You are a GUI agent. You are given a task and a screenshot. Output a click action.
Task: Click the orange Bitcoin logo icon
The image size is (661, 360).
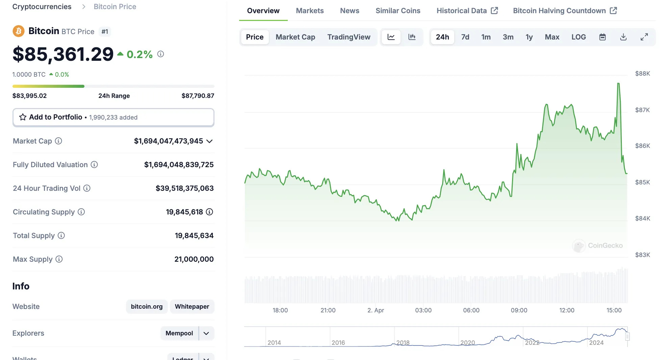(19, 31)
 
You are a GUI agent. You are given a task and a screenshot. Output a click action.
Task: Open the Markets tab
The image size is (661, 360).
(309, 11)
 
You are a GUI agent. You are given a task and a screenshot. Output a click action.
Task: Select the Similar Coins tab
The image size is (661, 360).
(398, 11)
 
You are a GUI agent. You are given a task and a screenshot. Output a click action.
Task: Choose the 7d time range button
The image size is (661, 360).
(465, 37)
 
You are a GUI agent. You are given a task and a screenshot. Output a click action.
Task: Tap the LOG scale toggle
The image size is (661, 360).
(578, 37)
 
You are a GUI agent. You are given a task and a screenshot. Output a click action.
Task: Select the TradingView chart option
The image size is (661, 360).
(349, 37)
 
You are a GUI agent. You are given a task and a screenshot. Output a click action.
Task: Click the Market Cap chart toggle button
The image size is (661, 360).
(295, 37)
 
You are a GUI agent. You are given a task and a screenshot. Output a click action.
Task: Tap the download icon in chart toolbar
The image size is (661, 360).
(623, 37)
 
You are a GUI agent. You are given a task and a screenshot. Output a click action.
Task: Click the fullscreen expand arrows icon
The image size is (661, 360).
(644, 37)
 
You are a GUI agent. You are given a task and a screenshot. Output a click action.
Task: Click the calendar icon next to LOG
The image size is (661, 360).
(602, 37)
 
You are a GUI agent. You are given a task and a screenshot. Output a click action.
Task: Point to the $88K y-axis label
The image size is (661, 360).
(642, 74)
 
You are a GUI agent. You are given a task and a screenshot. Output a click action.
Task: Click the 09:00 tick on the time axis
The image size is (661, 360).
(519, 310)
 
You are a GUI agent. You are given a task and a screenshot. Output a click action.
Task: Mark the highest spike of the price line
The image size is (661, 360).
(618, 83)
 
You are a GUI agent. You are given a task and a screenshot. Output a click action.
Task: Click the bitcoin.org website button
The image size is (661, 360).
(147, 307)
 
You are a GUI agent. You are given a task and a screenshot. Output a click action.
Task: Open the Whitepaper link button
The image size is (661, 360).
(192, 307)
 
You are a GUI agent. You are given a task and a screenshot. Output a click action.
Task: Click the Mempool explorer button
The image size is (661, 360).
(179, 333)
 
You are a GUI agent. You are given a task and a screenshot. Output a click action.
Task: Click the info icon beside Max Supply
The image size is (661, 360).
(59, 259)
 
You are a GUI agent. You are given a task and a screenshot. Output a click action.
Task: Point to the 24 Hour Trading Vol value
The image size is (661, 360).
(184, 188)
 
